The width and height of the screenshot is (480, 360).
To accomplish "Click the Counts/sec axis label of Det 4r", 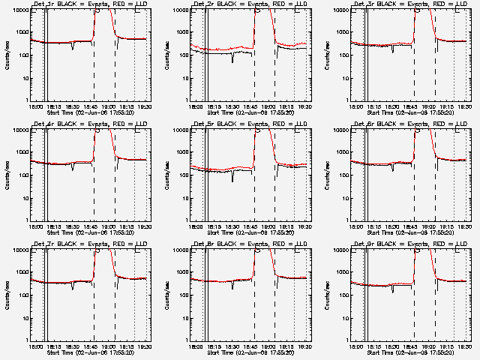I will tap(7, 175).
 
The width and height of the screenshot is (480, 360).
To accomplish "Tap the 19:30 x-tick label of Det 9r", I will tap(464, 346).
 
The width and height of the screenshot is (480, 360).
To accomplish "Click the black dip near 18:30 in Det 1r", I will tap(73, 48).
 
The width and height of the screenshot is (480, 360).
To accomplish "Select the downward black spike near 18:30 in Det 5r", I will tap(232, 178).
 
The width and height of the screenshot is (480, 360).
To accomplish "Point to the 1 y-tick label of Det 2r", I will tap(191, 100).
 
